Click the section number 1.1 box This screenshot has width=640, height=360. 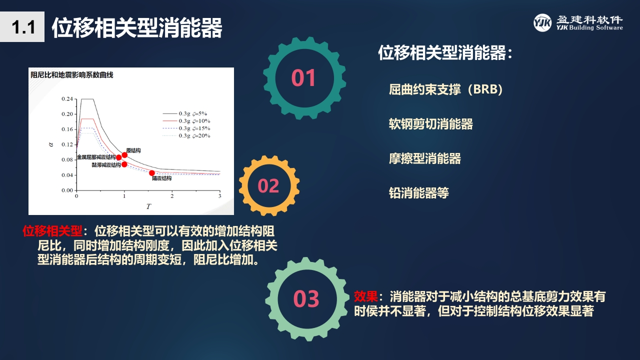22,27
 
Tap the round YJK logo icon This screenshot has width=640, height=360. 542,23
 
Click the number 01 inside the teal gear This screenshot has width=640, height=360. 303,77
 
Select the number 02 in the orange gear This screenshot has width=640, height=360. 268,185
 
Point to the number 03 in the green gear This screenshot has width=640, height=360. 306,298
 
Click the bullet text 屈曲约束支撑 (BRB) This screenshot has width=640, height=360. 445,89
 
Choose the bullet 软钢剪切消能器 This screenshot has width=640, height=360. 431,124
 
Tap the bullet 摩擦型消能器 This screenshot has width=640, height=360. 425,158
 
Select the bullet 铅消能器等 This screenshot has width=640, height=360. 419,193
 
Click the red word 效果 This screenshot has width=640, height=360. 366,296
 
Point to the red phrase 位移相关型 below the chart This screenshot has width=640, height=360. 52,231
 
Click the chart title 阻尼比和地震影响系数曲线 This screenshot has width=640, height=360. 72,75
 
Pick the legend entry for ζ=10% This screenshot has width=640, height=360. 186,121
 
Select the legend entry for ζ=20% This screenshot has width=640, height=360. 186,135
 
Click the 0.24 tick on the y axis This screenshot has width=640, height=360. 67,99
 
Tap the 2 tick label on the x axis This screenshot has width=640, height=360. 172,196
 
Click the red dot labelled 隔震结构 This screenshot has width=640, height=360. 152,173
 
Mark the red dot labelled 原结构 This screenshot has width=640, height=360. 124,155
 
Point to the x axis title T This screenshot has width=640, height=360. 148,206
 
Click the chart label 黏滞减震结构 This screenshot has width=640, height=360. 106,165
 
